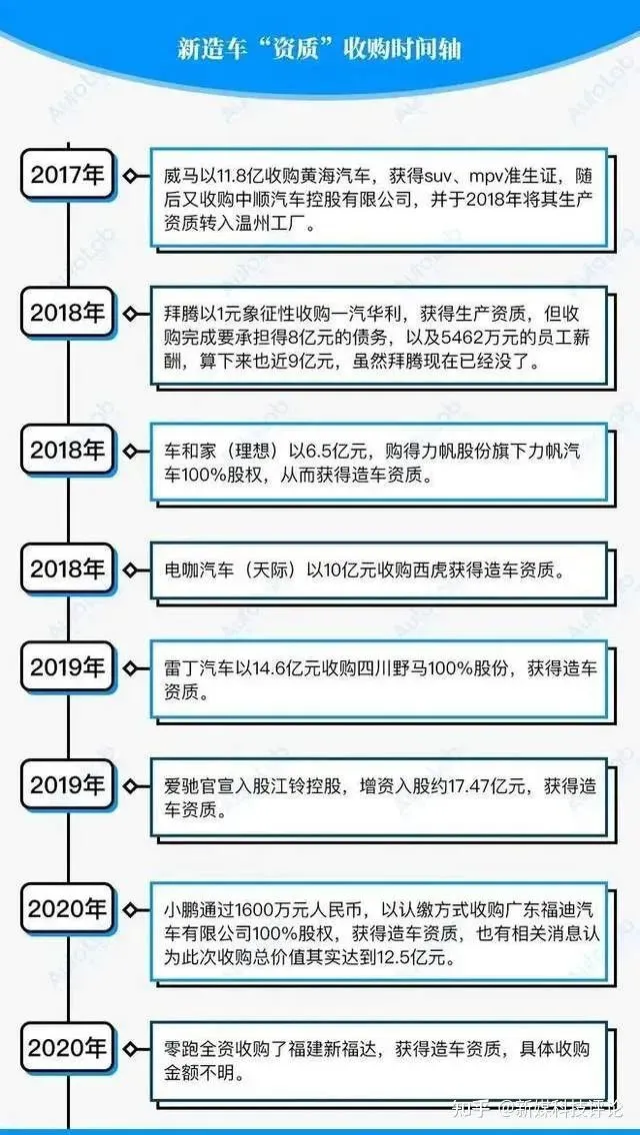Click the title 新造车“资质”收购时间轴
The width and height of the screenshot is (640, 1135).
click(x=320, y=49)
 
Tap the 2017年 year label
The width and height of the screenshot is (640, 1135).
click(x=67, y=175)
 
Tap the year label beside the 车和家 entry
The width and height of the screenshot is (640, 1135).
click(x=67, y=451)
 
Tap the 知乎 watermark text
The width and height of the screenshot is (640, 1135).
click(x=469, y=1107)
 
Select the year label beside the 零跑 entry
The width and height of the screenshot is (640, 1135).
click(x=67, y=1047)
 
